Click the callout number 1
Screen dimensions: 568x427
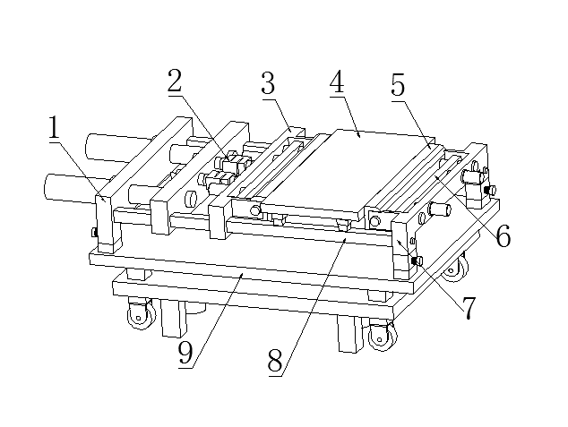click(54, 127)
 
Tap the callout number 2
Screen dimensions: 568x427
click(174, 81)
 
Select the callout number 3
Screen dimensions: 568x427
click(268, 83)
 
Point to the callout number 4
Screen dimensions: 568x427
click(337, 81)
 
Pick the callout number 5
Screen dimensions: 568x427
click(398, 85)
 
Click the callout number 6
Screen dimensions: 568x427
click(503, 235)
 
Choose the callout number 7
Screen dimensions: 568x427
click(469, 308)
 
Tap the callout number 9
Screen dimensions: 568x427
click(185, 353)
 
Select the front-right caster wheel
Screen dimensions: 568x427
click(382, 337)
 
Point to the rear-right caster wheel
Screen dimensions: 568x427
click(456, 269)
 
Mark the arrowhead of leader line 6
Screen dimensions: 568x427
click(437, 176)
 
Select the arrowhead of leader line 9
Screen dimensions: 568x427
click(243, 276)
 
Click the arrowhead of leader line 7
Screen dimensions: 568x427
click(398, 242)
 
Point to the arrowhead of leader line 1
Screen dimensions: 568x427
click(104, 200)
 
